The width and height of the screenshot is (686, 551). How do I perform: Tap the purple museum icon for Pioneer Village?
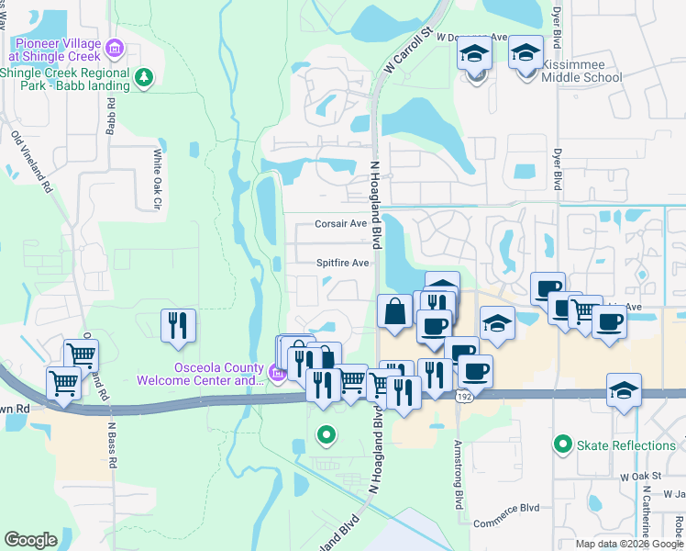click(x=114, y=47)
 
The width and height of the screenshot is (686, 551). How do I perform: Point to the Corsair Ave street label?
click(x=341, y=223)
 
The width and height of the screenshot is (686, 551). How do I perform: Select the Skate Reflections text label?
click(x=625, y=446)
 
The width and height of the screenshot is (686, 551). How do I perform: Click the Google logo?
click(x=31, y=540)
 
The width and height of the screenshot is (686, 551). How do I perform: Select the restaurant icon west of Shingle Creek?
click(x=178, y=326)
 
